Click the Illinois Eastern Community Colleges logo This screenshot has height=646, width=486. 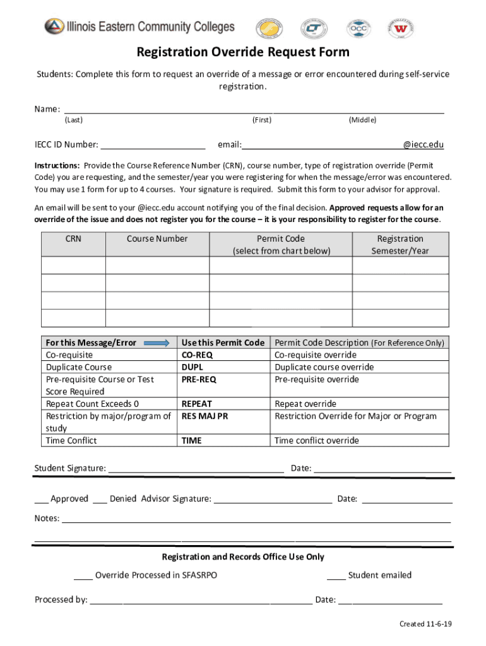tap(139, 26)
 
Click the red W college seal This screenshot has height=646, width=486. tap(400, 29)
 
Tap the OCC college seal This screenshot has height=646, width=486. tap(357, 29)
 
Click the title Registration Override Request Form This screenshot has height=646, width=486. tap(243, 52)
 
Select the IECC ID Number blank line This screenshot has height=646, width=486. tap(153, 144)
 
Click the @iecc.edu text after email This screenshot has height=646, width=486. tap(424, 144)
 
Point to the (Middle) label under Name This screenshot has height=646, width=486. tap(362, 120)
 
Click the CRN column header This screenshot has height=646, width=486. tap(73, 239)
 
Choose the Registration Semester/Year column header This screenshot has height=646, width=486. tap(400, 245)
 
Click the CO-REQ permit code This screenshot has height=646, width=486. tap(197, 355)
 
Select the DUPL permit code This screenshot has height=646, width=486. tap(192, 367)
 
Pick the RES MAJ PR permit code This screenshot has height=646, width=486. tap(205, 416)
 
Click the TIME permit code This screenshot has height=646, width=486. tap(191, 440)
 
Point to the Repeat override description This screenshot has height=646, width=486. tap(305, 404)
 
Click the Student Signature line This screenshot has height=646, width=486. tap(196, 468)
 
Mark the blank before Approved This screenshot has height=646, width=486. tap(41, 499)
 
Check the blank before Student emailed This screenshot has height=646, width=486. tap(336, 575)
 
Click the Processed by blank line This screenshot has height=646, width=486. tap(201, 600)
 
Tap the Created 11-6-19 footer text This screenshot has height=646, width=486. tap(425, 624)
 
